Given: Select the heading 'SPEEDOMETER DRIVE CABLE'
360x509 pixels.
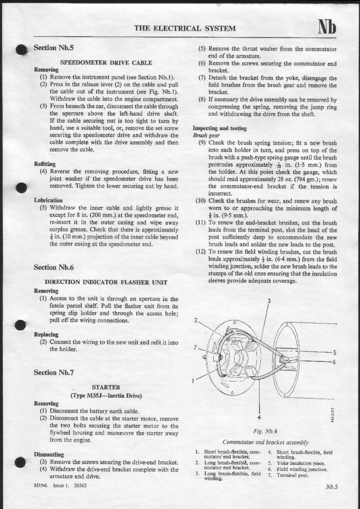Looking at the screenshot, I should coord(106,62).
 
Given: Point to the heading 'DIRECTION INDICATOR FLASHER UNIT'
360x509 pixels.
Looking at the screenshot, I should coord(106,282).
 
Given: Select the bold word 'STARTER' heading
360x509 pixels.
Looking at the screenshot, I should coord(106,387).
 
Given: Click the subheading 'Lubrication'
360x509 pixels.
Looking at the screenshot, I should coord(48,200).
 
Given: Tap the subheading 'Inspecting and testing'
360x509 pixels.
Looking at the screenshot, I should coord(220,128).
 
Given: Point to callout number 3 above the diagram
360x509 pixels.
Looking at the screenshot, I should coord(269,300).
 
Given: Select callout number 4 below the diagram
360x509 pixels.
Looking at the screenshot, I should coord(259,416).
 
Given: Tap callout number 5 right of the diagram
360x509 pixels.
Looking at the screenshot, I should coord(334,353).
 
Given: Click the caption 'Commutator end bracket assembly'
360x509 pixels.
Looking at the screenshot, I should coord(265,442).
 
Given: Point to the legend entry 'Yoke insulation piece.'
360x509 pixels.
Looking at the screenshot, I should coord(301,463).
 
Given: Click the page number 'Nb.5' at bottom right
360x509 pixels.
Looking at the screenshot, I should coord(332,487).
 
